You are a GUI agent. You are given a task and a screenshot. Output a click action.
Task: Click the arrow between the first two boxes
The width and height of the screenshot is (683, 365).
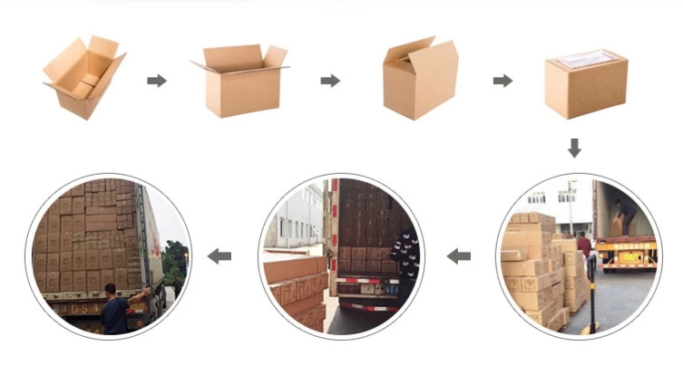pyautogui.click(x=157, y=81)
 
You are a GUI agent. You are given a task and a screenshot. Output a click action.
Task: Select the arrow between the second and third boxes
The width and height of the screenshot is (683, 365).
pyautogui.click(x=330, y=81)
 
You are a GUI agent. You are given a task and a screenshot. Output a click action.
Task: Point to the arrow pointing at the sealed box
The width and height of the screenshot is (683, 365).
pyautogui.click(x=502, y=81)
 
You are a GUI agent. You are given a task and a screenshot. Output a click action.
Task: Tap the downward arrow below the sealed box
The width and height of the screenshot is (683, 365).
pyautogui.click(x=574, y=148)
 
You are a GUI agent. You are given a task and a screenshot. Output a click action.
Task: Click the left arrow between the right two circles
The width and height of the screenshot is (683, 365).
pyautogui.click(x=459, y=256)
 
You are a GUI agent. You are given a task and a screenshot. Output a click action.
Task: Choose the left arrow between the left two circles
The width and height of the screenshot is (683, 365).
pyautogui.click(x=219, y=256)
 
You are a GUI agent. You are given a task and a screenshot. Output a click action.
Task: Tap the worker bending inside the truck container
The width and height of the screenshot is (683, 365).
pyautogui.click(x=625, y=214)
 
